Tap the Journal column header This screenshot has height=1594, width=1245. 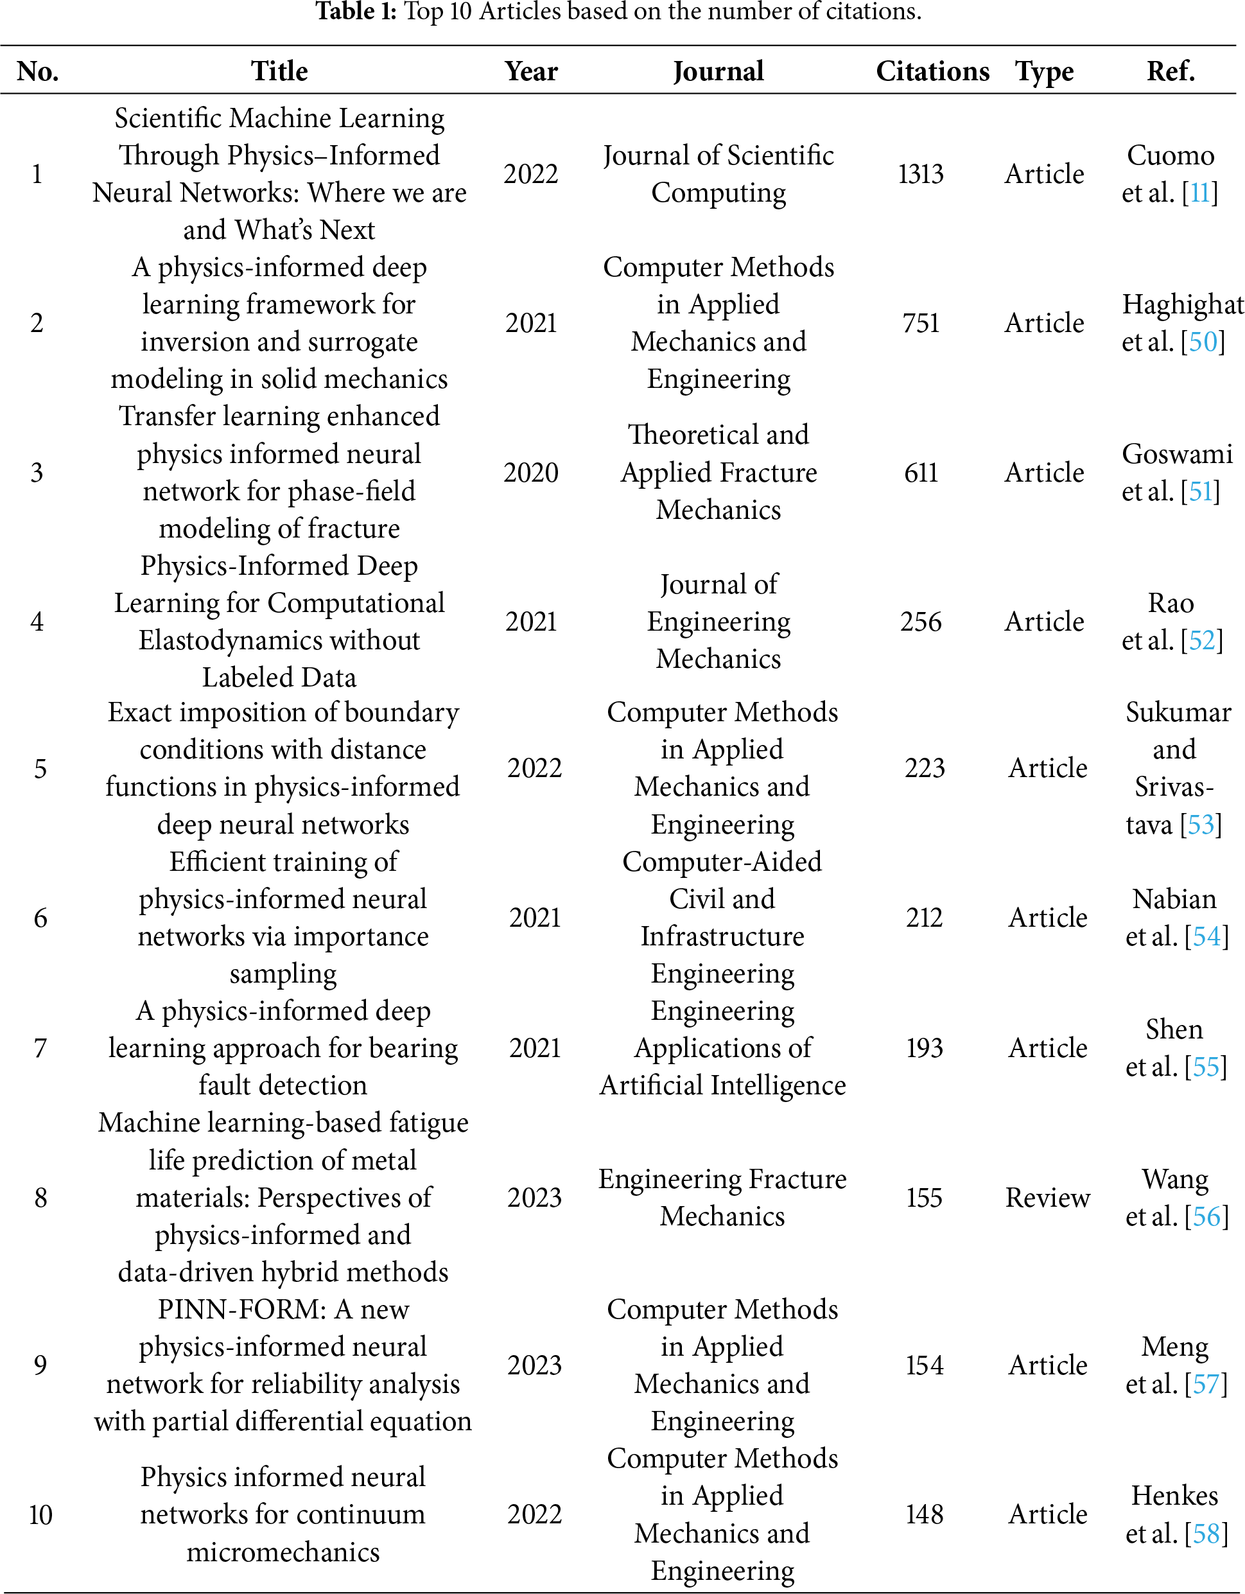[x=718, y=71]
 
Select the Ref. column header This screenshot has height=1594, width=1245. [x=1170, y=71]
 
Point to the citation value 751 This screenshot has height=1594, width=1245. [x=920, y=322]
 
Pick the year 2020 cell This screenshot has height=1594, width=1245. [x=530, y=472]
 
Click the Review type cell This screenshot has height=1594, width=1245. [x=1047, y=1197]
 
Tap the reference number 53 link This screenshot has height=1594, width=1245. [x=1201, y=825]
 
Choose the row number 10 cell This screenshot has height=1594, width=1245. [x=40, y=1514]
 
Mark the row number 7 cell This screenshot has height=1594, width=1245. [x=40, y=1048]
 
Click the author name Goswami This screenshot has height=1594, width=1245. [x=1177, y=454]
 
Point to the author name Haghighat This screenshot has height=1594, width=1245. [x=1182, y=304]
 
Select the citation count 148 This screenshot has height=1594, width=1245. [x=924, y=1514]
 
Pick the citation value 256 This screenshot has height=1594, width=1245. [x=920, y=621]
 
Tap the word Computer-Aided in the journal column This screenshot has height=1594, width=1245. [x=722, y=861]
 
